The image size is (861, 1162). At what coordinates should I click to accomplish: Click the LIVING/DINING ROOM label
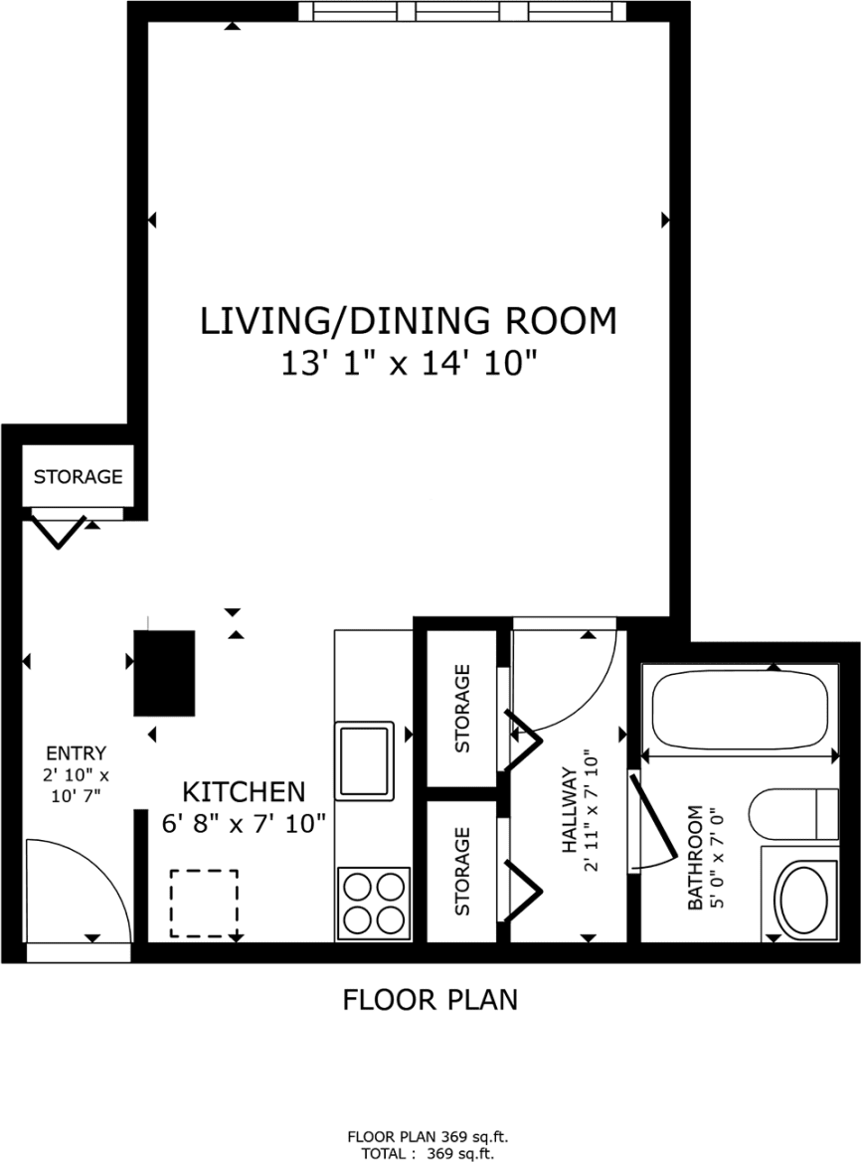coord(409,321)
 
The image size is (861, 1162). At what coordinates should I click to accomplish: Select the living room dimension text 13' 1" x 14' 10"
coord(409,364)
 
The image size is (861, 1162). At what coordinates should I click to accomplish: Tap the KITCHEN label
coord(244,791)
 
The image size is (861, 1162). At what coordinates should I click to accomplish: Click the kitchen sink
coord(365,759)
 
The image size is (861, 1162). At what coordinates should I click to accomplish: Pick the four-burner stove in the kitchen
coord(374,902)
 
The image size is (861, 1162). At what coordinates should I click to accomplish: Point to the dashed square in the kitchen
coord(204,903)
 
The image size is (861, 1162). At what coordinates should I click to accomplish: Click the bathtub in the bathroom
coord(739,713)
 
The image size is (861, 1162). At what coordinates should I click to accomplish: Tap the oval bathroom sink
coord(803,899)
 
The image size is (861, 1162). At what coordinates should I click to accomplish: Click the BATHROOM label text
coord(705,857)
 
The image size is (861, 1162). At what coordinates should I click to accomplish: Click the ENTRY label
coord(76,753)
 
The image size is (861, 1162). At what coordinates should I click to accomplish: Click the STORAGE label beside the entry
coord(79,477)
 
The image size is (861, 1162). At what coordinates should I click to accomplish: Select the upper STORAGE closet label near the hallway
coord(462,708)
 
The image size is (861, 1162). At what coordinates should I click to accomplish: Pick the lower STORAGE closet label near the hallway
coord(462,871)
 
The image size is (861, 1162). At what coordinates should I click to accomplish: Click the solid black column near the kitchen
coord(164,672)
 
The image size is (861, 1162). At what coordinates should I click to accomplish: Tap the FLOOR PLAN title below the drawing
coord(430,999)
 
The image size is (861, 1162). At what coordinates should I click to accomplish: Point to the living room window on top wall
coord(462,11)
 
